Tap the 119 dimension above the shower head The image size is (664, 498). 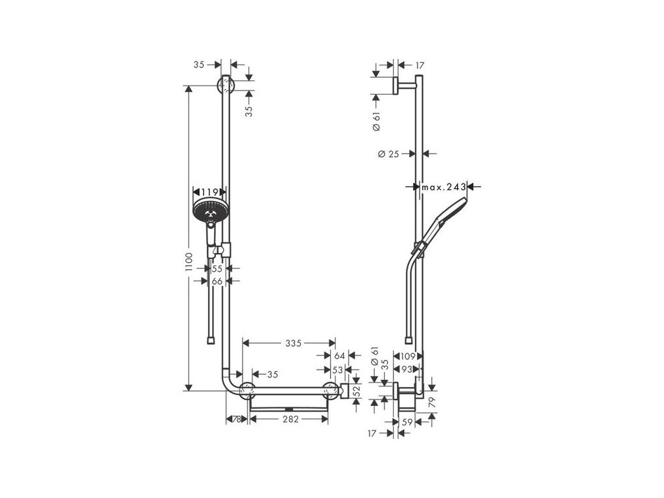click(x=209, y=192)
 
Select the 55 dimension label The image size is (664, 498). click(x=217, y=268)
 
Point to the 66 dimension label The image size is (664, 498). click(x=217, y=281)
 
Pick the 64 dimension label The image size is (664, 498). click(x=338, y=355)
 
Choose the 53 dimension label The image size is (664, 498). click(x=337, y=369)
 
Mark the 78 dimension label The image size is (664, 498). click(x=237, y=419)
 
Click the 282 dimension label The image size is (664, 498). click(x=290, y=419)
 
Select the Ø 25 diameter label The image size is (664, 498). click(x=388, y=154)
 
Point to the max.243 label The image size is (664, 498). click(x=444, y=187)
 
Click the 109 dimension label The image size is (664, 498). click(x=409, y=356)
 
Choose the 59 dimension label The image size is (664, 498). click(x=408, y=421)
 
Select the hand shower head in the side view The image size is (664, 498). click(x=454, y=211)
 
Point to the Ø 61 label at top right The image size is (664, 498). click(x=377, y=122)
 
